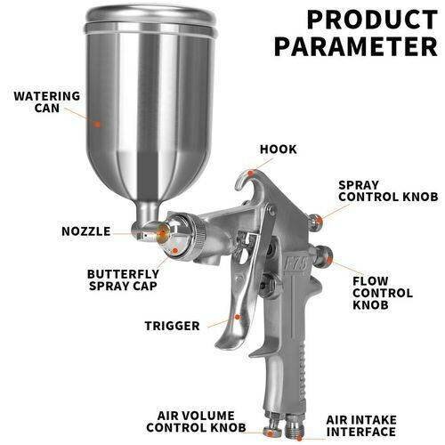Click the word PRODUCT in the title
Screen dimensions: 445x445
click(372, 20)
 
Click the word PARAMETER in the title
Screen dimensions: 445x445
click(356, 46)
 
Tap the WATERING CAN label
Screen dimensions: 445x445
click(47, 101)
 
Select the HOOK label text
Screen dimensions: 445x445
click(279, 150)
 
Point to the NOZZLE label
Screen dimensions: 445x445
click(86, 231)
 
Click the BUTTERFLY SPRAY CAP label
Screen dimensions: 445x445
click(123, 279)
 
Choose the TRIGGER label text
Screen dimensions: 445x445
click(172, 326)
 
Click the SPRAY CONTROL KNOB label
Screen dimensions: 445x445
click(388, 190)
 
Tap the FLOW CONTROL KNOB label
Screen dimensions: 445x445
click(383, 293)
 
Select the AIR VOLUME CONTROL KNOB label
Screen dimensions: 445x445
click(196, 421)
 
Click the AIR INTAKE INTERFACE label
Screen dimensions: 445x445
click(361, 425)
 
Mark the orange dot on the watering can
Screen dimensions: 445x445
click(97, 124)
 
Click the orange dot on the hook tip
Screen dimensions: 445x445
click(251, 173)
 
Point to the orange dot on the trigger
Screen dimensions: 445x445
click(237, 317)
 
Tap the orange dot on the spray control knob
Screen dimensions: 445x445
click(319, 221)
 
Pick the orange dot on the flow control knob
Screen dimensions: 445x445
click(329, 260)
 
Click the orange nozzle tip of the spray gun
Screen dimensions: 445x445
click(162, 234)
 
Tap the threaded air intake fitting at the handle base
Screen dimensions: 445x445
click(295, 426)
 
